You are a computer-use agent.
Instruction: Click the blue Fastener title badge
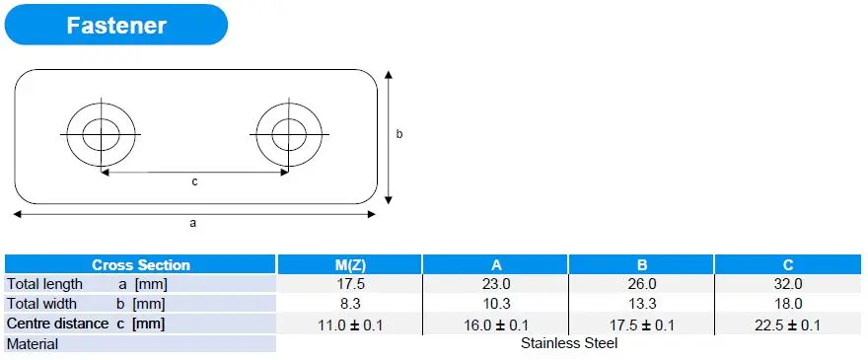click(116, 25)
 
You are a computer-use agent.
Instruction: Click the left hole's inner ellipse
click(83, 134)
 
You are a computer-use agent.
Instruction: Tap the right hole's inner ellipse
click(272, 134)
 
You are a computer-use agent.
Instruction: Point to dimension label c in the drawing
click(194, 181)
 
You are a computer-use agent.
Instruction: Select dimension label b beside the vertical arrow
click(399, 134)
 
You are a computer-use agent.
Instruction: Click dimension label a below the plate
click(192, 223)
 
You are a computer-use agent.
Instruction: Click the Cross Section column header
click(140, 264)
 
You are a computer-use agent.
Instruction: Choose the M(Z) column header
click(350, 265)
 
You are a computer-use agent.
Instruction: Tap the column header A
click(495, 265)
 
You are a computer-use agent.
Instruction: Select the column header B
click(641, 265)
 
